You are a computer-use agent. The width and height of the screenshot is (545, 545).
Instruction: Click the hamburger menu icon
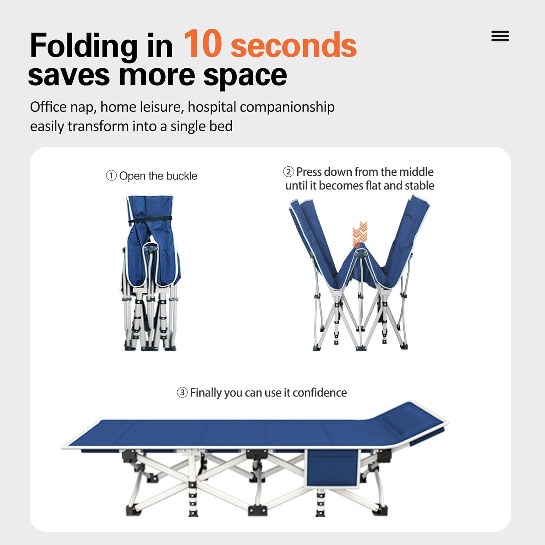[x=500, y=36]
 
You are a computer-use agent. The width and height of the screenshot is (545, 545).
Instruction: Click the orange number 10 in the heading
[x=202, y=44]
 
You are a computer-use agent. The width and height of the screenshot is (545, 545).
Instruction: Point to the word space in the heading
[x=245, y=76]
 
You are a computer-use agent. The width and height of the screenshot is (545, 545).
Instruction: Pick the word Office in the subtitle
[x=48, y=107]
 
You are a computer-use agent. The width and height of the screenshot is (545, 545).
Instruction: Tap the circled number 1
[x=111, y=176]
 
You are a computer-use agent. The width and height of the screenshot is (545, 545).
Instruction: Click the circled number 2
[x=288, y=171]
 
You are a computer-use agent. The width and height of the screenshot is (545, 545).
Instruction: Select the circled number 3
[x=182, y=392]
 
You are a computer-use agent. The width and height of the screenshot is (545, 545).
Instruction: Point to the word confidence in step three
[x=320, y=392]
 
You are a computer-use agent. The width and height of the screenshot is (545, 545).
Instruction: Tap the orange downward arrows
[x=360, y=234]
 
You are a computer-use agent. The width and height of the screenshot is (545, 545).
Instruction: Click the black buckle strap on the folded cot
[x=150, y=220]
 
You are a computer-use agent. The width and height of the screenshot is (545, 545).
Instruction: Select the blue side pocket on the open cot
[x=331, y=468]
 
